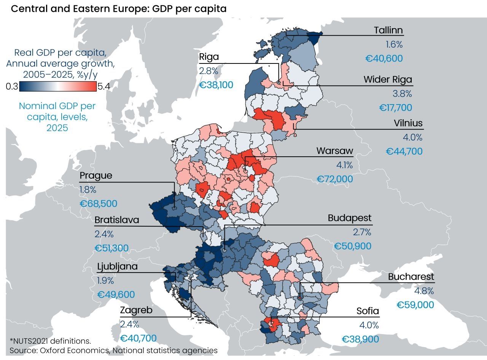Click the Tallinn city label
tap(388, 30)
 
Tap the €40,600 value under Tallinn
tap(384, 59)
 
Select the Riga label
tap(209, 57)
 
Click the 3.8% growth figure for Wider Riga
tap(402, 94)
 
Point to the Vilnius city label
tap(408, 123)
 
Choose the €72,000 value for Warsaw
tap(334, 179)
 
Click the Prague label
tap(96, 176)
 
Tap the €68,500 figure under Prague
tap(99, 204)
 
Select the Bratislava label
tap(117, 220)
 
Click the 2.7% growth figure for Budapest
tap(362, 232)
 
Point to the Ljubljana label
tap(117, 267)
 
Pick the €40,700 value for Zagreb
tap(138, 338)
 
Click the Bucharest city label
tap(411, 277)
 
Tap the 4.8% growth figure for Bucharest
tap(424, 291)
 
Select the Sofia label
tap(368, 311)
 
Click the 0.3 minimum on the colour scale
tap(12, 87)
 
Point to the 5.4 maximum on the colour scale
tap(103, 87)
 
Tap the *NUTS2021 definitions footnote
tap(50, 341)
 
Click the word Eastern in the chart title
tap(91, 9)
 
